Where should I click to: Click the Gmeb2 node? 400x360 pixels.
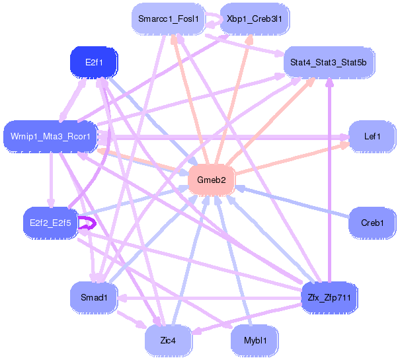click(x=212, y=180)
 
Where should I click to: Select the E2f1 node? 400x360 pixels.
click(x=94, y=62)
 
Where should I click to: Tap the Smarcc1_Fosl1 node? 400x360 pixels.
click(x=169, y=19)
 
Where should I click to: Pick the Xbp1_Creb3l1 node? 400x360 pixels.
click(x=255, y=19)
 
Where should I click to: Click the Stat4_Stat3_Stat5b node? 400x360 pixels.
click(x=329, y=62)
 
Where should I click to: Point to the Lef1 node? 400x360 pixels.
click(x=372, y=137)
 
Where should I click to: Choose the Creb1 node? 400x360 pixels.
click(x=372, y=223)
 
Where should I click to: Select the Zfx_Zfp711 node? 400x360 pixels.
click(x=329, y=297)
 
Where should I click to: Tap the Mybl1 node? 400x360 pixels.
click(x=255, y=341)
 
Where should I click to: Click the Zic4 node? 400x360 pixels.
click(x=169, y=341)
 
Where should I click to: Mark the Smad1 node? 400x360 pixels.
click(x=94, y=297)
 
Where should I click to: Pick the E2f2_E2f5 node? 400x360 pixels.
click(x=50, y=223)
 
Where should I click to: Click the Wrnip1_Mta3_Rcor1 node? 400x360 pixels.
click(x=50, y=137)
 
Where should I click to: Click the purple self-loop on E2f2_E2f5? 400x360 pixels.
click(x=95, y=223)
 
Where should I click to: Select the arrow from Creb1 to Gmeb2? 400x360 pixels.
click(x=292, y=202)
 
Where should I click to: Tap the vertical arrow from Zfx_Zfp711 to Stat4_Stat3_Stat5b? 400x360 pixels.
click(x=330, y=180)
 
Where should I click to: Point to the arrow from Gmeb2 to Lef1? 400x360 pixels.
click(x=292, y=159)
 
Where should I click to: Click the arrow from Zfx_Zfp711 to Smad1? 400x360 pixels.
click(x=209, y=298)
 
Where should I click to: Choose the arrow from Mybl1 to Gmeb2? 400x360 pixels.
click(x=234, y=260)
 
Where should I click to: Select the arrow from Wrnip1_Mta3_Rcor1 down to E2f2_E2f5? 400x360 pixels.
click(x=52, y=180)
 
